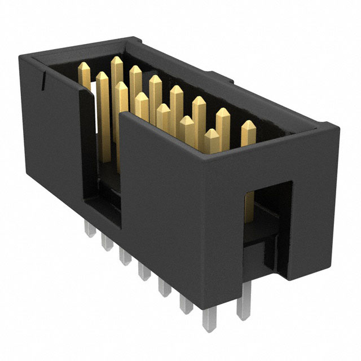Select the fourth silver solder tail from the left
tap(143, 273)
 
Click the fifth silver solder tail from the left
tap(164, 289)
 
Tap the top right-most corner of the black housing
tap(340, 128)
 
